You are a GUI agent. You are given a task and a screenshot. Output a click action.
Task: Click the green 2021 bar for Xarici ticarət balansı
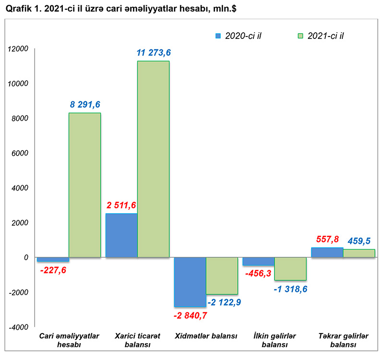153,159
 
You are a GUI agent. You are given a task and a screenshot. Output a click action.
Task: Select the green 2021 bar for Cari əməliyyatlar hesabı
84,185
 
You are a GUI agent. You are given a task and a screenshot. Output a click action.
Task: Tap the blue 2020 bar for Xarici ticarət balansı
121,235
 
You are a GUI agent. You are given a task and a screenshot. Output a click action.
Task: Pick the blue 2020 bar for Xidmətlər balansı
190,282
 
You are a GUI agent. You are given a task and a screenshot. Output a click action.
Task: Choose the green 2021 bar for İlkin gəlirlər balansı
290,268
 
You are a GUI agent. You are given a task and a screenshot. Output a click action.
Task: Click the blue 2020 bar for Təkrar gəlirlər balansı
327,252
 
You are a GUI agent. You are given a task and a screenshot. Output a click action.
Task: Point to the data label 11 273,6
154,53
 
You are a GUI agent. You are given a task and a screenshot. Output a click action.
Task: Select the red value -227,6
53,270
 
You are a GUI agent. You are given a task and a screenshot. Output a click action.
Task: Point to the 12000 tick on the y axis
19,49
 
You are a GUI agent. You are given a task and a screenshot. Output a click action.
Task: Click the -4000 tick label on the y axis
19,327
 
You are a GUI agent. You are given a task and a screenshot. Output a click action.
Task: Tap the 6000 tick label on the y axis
21,153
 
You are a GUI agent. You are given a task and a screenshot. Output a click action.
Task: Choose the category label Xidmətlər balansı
206,336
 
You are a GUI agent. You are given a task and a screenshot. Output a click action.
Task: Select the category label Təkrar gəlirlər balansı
343,340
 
